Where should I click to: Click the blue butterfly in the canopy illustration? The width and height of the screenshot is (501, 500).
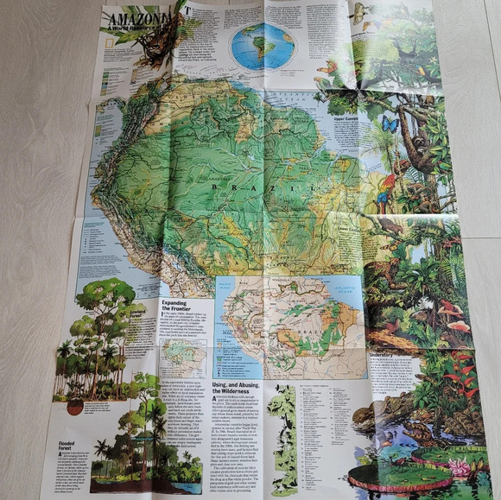tap(390, 125)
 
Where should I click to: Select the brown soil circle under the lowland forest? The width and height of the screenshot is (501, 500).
tap(74, 405)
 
